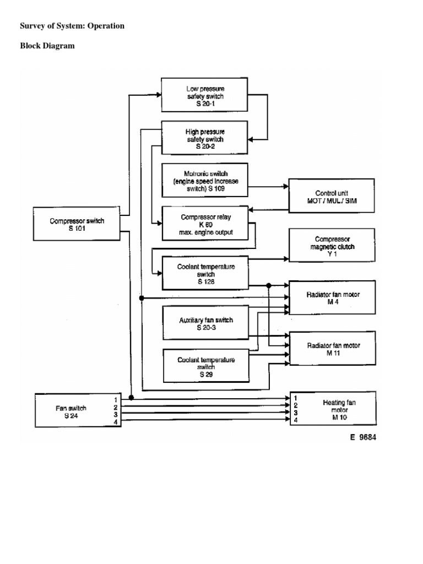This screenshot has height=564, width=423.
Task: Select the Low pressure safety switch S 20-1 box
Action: click(x=205, y=95)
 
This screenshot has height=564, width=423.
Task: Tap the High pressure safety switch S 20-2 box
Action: click(x=205, y=139)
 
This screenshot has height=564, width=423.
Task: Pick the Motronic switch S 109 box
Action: click(x=205, y=180)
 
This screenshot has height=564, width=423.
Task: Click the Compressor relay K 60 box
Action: click(x=205, y=223)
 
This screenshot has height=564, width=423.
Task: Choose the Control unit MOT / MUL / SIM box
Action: click(x=332, y=197)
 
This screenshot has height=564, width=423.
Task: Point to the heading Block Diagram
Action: click(x=47, y=46)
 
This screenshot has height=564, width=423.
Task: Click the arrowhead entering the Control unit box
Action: click(x=286, y=187)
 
